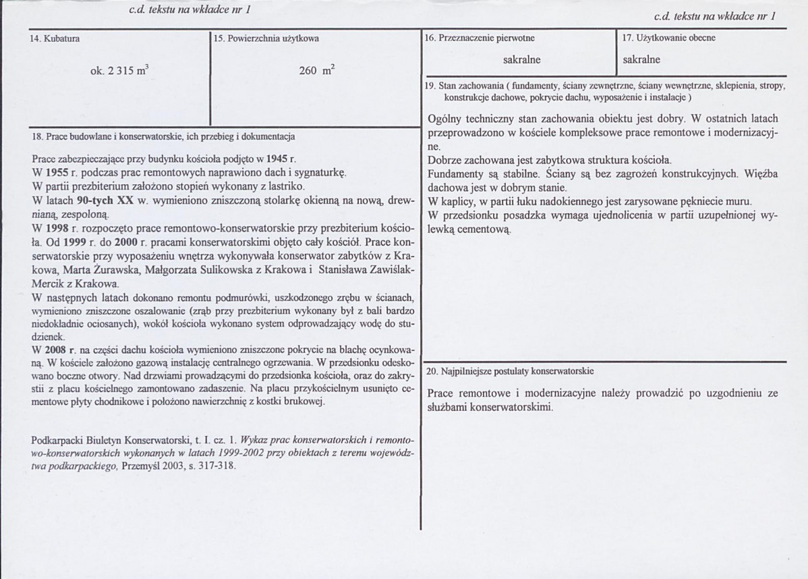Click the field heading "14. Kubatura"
[55, 39]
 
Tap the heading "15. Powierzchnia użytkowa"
[266, 39]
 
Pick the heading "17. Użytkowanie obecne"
[668, 38]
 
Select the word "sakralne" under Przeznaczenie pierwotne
[521, 60]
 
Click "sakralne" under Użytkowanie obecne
[641, 60]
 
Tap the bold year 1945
[277, 160]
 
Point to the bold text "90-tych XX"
[100, 199]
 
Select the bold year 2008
[55, 350]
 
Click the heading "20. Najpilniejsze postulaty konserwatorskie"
[510, 371]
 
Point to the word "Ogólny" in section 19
[444, 119]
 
